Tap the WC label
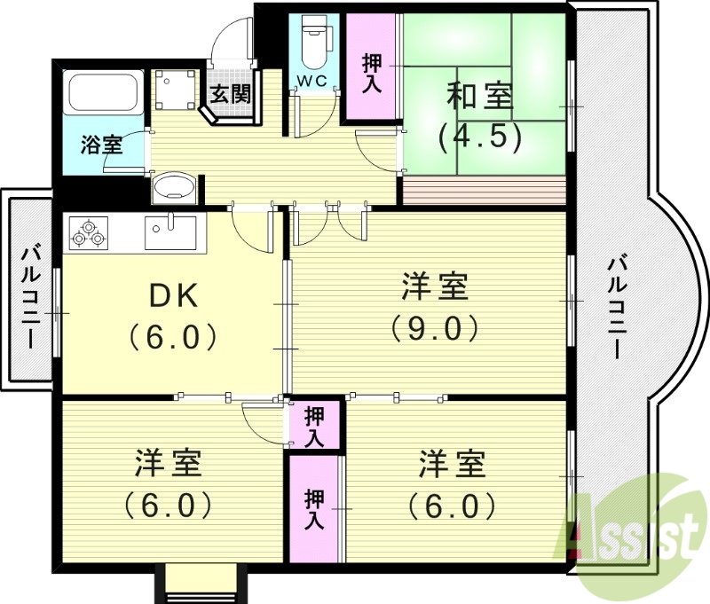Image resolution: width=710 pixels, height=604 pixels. pos(312,81)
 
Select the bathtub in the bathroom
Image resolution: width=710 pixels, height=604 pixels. pos(103,92)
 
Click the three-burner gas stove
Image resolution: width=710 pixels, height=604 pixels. pos(86,232)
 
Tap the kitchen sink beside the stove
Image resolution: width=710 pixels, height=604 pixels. pos(171,231)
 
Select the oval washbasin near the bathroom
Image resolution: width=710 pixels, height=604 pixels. pos(174,187)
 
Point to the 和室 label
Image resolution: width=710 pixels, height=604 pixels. pos(478,97)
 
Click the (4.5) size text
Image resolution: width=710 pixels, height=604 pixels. pos(478,137)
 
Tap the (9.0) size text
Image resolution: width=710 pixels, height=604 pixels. pos(435,328)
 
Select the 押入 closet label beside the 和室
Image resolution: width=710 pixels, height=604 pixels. pos(372,73)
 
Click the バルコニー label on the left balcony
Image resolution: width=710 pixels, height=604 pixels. pos(31,294)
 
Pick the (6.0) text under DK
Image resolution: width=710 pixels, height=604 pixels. pos(173,336)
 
